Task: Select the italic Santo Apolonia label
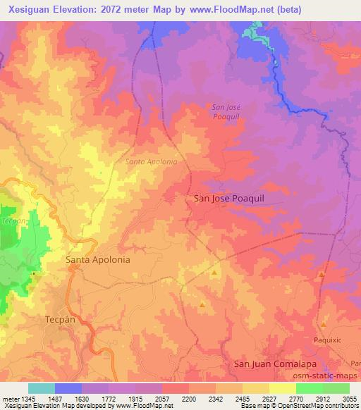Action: [x=151, y=161]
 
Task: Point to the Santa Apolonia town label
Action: [x=98, y=259]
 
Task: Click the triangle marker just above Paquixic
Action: [x=324, y=325]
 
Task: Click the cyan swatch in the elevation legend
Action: [x=42, y=388]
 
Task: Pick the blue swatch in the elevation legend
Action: [x=68, y=388]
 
